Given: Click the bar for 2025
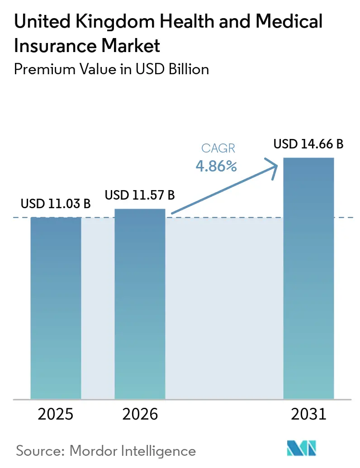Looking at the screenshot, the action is (56, 308).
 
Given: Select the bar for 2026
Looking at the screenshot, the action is (140, 304).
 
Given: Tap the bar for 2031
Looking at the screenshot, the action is (308, 278).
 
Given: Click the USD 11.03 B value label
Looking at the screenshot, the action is (56, 204).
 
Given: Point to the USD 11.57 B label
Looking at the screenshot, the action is (140, 195).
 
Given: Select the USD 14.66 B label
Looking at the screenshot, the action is (308, 144).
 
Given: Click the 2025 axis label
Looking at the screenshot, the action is (56, 414).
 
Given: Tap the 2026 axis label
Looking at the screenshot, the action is (140, 414).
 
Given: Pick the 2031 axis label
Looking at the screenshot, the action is (309, 414).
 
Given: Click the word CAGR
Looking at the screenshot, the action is (218, 148).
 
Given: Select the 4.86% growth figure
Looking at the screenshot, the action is (216, 166).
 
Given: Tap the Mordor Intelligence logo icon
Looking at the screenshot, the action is (302, 448).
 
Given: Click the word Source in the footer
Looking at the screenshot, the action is (40, 451).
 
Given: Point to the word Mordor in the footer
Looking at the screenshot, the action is (93, 451).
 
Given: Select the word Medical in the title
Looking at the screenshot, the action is (289, 21).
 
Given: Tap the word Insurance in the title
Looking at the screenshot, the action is (56, 46).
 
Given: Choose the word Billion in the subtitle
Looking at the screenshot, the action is (189, 69).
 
